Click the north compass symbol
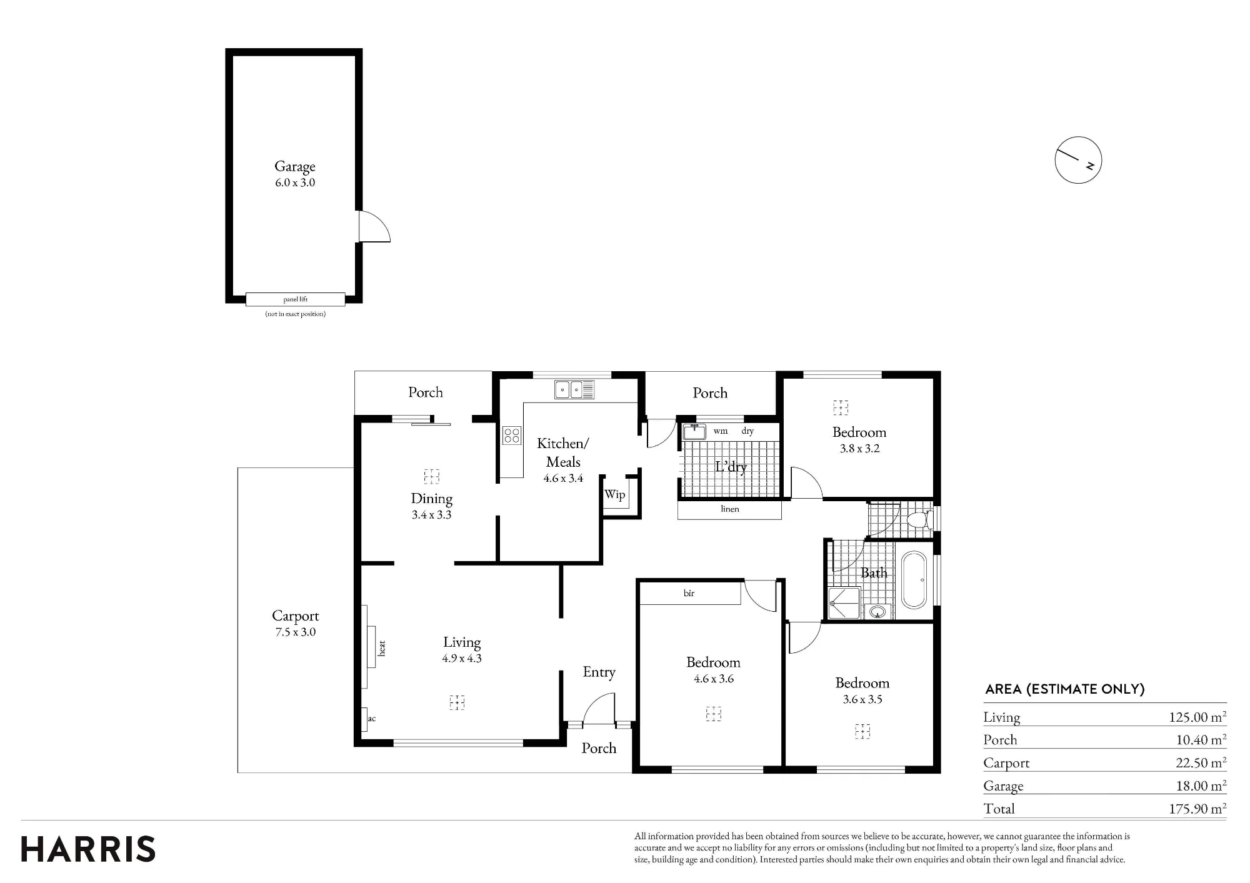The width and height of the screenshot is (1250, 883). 1078,160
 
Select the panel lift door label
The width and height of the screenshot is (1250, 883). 295,299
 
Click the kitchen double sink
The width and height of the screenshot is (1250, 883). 574,390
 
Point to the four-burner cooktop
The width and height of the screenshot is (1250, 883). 512,435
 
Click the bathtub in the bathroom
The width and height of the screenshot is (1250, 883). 914,580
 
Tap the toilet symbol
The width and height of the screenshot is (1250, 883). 920,519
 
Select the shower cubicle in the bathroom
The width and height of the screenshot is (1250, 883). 844,603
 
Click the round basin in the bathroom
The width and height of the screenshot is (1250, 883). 878,612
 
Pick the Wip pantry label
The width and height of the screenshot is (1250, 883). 614,494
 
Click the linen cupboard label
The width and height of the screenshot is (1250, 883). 730,509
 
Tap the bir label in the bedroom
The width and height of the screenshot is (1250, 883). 689,593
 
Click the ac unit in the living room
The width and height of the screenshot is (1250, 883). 364,719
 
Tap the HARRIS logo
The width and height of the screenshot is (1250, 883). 88,849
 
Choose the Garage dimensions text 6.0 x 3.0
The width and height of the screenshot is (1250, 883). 295,182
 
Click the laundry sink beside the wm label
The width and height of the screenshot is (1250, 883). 694,431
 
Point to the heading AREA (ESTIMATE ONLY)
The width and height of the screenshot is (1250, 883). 1065,689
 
